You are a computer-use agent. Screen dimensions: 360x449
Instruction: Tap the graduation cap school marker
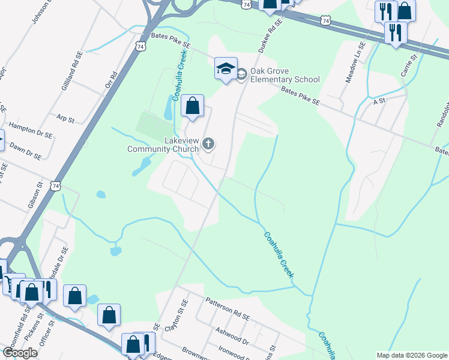226,70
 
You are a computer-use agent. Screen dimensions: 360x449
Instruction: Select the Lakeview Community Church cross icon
208,143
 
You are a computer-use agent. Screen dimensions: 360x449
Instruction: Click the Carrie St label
409,66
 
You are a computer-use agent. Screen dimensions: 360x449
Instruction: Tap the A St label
379,102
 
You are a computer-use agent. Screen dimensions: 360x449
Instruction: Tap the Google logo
20,353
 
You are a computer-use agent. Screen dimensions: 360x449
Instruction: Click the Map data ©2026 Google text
411,355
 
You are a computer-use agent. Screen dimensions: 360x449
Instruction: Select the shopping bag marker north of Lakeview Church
192,106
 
